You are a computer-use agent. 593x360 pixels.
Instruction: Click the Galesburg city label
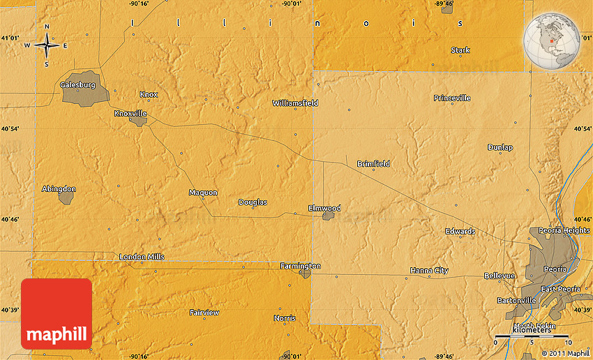[77, 84]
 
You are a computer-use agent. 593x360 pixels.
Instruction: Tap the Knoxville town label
[130, 112]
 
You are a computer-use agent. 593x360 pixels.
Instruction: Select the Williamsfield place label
[295, 103]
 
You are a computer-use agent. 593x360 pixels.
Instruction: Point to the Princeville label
[452, 98]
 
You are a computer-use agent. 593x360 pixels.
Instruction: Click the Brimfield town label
[373, 164]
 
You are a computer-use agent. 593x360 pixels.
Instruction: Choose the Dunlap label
[500, 147]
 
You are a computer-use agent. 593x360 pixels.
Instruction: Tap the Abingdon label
[59, 188]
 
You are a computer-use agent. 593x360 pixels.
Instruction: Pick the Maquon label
[203, 193]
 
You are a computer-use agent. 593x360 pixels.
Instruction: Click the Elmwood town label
[324, 208]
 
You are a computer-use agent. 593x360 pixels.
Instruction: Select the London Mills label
[142, 257]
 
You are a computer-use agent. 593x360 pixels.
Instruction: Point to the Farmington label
[300, 266]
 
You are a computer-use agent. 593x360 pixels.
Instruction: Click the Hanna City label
[429, 270]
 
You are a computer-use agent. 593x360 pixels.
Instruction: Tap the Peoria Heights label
[564, 230]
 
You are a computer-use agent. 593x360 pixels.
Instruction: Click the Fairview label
[204, 313]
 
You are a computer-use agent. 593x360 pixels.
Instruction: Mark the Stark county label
[460, 50]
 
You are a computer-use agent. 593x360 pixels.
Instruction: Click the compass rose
[47, 45]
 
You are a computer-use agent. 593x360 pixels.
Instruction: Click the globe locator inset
[553, 40]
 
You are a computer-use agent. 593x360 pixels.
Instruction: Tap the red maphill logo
[57, 313]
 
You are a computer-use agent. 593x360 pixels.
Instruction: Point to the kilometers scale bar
[533, 337]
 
